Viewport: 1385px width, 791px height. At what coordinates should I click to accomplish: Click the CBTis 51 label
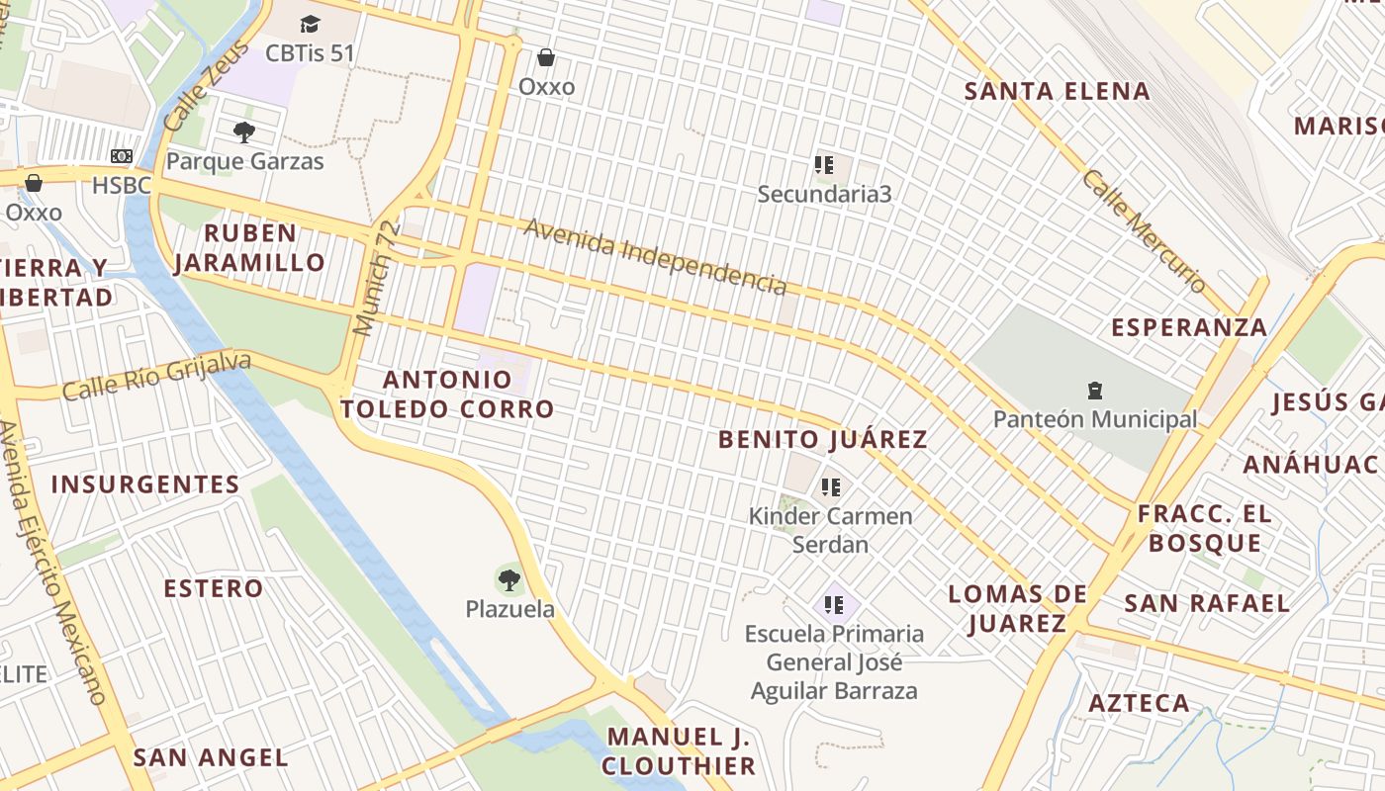click(310, 53)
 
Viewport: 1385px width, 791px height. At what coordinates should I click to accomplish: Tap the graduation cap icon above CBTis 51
click(310, 24)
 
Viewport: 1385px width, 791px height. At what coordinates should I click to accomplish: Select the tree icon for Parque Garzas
click(243, 132)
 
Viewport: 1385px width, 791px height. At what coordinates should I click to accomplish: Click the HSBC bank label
click(121, 185)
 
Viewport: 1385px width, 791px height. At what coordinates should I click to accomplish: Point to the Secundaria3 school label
click(824, 194)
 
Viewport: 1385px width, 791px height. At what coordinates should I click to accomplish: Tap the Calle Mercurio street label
click(1144, 231)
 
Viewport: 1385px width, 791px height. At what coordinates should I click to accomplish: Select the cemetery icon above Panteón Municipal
click(1094, 391)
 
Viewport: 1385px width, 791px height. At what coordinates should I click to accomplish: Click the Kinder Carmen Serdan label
click(830, 530)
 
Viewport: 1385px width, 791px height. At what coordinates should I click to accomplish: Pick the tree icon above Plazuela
click(509, 579)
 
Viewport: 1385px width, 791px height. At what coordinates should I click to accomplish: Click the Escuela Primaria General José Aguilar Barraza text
click(834, 661)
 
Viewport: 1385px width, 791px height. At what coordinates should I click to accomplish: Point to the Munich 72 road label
click(378, 278)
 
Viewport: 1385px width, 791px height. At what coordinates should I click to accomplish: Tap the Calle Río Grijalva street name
click(156, 377)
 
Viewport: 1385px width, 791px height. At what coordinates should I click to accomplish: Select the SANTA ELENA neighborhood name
click(1057, 92)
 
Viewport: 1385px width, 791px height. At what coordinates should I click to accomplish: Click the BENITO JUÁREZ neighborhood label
click(823, 440)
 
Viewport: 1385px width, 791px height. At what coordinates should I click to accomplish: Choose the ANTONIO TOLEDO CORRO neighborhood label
click(447, 394)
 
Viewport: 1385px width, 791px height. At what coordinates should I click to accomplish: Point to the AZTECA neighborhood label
click(1139, 703)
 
